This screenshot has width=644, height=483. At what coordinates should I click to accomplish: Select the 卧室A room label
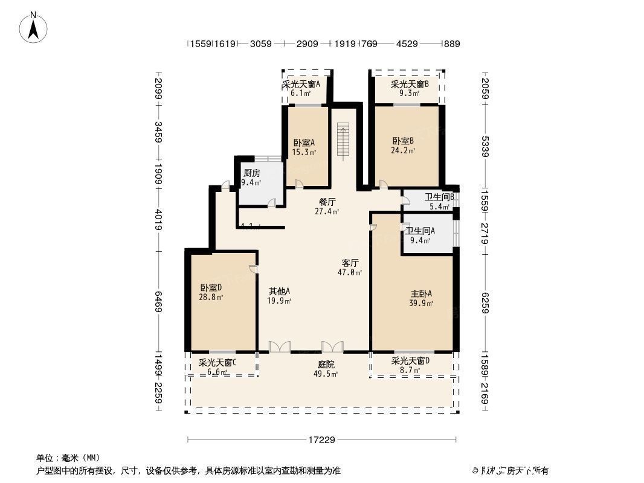point(304,143)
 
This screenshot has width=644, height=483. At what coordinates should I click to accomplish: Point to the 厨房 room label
point(251,173)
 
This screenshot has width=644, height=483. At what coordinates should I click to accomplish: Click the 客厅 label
point(350,263)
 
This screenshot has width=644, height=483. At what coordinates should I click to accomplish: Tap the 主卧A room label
point(421,294)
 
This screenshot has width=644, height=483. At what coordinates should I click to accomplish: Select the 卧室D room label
point(211,288)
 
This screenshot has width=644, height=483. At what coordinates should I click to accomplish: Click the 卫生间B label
point(439,197)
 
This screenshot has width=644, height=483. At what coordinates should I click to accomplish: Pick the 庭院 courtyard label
point(326,365)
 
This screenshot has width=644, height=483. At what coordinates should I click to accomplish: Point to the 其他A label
point(280,291)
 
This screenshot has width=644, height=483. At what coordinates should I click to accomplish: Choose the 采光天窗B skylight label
point(410,85)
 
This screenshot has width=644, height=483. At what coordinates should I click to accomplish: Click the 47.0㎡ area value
point(350,273)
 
